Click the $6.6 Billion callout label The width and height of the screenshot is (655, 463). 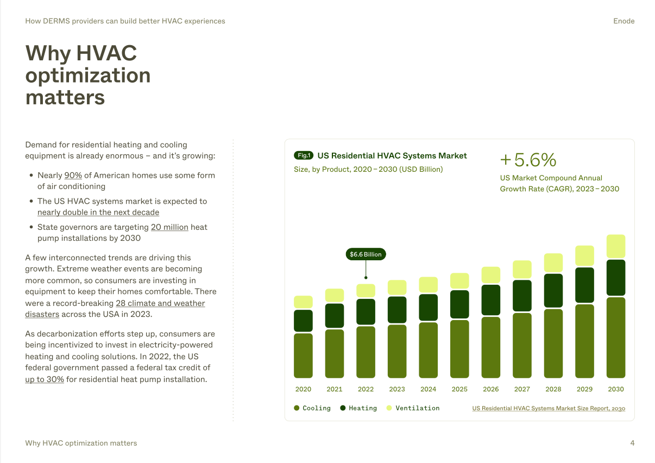tap(366, 254)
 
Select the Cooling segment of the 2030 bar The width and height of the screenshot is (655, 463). tap(616, 337)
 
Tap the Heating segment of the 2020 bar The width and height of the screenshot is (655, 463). tap(303, 321)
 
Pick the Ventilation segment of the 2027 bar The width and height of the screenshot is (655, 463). tap(522, 270)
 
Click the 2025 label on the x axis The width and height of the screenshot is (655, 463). tap(459, 389)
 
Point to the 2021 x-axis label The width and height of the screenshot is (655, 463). tap(335, 389)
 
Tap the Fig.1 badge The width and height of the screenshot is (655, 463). tap(304, 155)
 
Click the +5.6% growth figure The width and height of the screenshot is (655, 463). tap(528, 160)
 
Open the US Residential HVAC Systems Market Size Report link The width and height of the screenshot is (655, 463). tap(549, 408)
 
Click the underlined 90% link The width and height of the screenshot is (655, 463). tap(73, 176)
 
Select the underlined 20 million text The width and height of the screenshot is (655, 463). tap(169, 227)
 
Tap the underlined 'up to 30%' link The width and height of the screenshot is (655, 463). tap(45, 379)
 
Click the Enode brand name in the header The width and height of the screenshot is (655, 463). tap(623, 21)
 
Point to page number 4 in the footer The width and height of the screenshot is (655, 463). tap(632, 443)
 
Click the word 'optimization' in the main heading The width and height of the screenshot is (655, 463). tap(88, 75)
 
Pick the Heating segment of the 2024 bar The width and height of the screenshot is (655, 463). tap(429, 308)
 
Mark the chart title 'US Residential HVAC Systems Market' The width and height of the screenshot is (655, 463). tap(392, 155)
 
